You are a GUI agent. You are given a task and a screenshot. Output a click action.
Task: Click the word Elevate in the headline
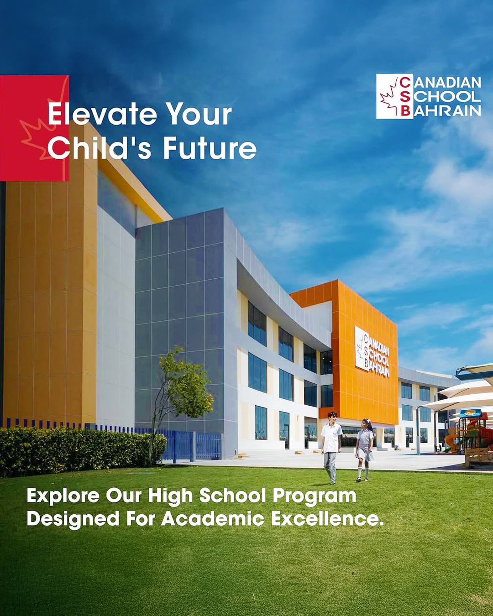coord(102,115)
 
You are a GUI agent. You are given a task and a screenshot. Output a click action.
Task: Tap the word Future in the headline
coord(210,148)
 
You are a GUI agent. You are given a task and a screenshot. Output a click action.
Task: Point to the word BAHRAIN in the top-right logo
coord(447,111)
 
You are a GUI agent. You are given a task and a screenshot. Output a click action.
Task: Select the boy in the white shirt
coord(331,447)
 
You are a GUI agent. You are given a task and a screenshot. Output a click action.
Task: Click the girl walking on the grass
coord(365,450)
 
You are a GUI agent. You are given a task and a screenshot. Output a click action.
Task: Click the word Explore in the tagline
coord(63,496)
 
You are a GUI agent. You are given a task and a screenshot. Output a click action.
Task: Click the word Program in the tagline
coord(315,497)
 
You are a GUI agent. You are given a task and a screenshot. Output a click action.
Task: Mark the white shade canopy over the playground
coord(464,397)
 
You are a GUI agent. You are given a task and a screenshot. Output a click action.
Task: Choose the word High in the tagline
coord(170,497)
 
